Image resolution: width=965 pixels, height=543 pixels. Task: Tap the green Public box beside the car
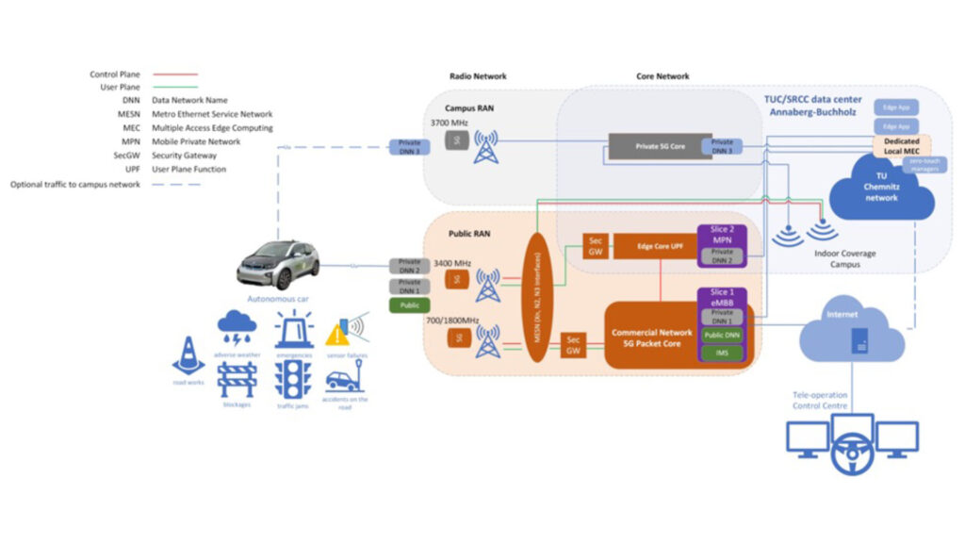click(408, 304)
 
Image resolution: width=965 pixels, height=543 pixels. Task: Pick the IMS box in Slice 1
click(721, 353)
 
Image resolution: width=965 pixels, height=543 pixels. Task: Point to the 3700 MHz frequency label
click(450, 123)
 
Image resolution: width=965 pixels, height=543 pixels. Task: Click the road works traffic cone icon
click(188, 354)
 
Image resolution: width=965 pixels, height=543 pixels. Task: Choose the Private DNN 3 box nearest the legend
click(408, 146)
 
